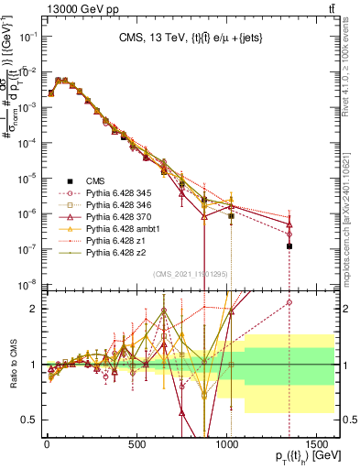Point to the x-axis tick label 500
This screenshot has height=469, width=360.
tap(137, 444)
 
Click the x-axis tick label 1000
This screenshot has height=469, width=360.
tap(229, 444)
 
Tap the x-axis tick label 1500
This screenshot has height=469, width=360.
tap(319, 444)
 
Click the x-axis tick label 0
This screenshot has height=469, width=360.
tap(46, 444)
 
